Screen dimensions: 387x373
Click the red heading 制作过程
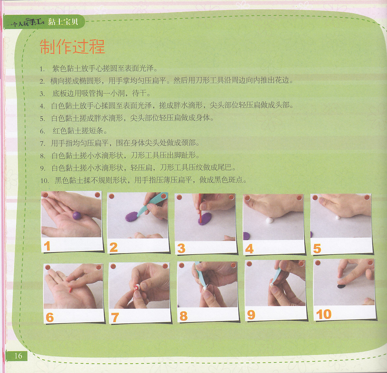(72, 46)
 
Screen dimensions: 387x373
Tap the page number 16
(18, 356)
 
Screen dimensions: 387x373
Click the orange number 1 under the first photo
(47, 246)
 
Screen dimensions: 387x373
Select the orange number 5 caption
(317, 249)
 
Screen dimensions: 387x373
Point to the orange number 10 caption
(323, 314)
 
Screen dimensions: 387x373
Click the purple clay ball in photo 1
(77, 216)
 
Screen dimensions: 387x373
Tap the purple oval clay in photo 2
(132, 217)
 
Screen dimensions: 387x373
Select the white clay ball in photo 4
(270, 220)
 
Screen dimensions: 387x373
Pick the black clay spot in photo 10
(341, 286)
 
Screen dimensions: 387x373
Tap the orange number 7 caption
(115, 317)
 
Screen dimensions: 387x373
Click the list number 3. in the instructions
(42, 94)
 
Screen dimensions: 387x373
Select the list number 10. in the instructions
(44, 181)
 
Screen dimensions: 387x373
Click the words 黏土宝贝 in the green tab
(63, 22)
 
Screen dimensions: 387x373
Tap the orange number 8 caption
(183, 316)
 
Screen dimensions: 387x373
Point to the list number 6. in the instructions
(42, 131)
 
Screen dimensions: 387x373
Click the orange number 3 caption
(181, 248)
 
